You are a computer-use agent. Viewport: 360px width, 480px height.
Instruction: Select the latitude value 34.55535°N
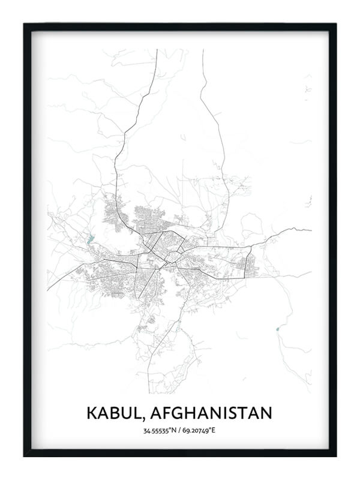point(160,431)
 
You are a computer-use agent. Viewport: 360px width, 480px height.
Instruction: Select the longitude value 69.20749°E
point(200,431)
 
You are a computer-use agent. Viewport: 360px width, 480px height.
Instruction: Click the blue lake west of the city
point(91,239)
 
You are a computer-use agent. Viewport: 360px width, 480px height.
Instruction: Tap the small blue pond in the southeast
point(277,328)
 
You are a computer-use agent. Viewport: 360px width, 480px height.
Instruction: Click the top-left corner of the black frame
point(25,24)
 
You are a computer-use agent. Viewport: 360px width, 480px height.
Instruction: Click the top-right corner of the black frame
point(335,24)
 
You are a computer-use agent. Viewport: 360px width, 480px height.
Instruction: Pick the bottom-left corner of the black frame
point(25,455)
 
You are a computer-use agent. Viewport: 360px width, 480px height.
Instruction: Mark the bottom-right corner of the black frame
point(335,455)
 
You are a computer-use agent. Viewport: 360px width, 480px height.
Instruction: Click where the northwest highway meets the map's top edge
point(157,50)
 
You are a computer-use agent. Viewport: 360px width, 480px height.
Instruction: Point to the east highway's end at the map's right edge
point(311,230)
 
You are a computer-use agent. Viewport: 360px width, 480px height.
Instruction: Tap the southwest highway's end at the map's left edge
point(48,289)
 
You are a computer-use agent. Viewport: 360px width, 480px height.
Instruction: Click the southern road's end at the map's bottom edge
point(149,392)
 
